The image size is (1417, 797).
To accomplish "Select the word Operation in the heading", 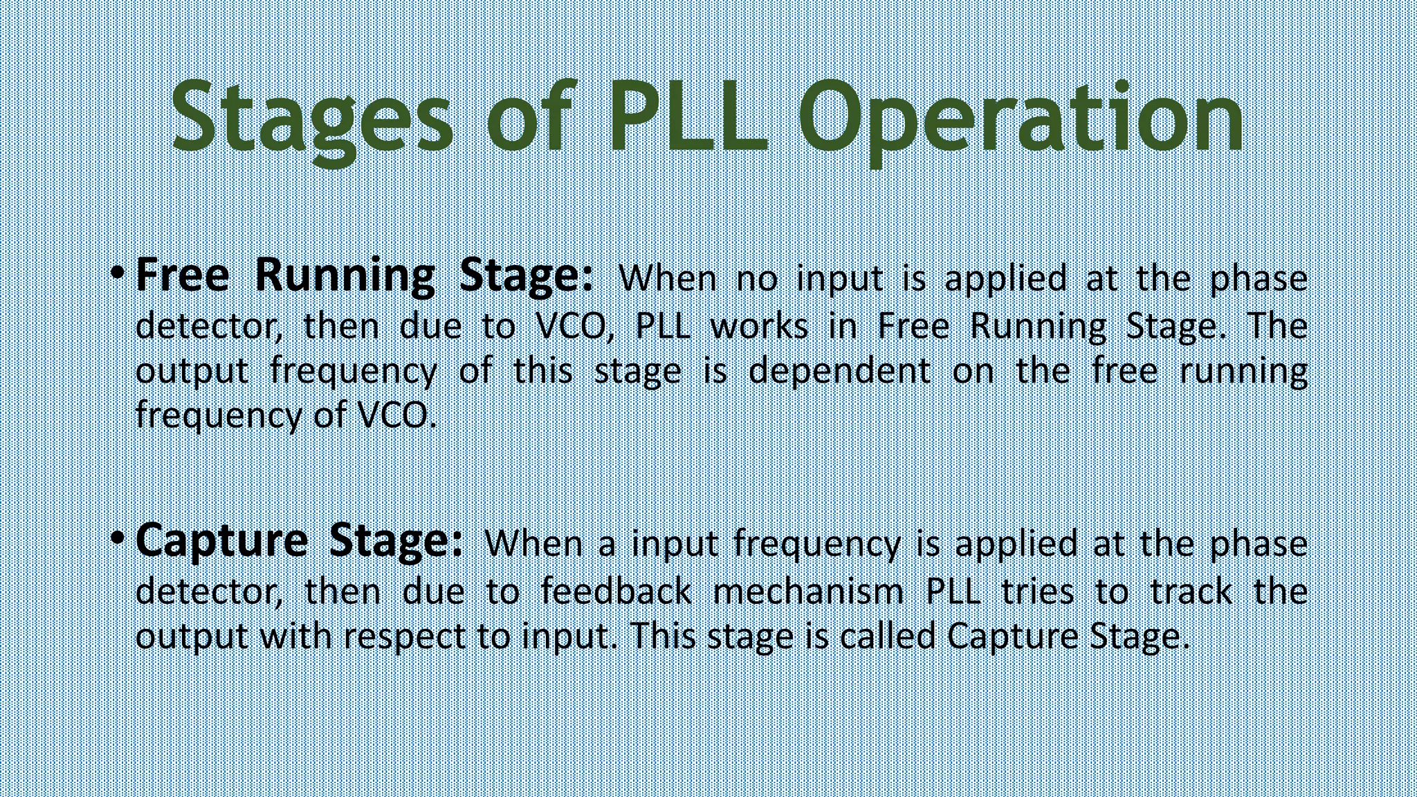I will (x=1021, y=118).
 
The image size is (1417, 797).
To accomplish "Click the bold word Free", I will (x=182, y=275).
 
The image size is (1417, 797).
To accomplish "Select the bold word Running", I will (x=345, y=276).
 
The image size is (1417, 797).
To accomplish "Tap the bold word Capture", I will (x=221, y=541).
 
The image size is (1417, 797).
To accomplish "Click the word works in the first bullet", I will (x=760, y=326).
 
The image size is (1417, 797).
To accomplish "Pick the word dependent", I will (x=839, y=371).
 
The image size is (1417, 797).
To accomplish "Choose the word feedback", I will (x=616, y=592).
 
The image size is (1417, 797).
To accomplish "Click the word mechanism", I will (x=808, y=592).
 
